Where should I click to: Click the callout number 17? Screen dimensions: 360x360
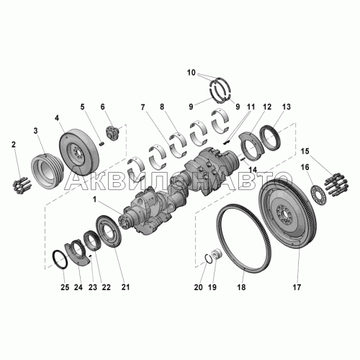(297, 287)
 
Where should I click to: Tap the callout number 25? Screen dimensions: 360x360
(65, 287)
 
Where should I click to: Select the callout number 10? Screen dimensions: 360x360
(192, 73)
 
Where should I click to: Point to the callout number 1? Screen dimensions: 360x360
(95, 199)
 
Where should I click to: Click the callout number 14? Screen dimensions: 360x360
(253, 170)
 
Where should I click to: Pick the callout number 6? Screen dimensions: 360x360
(102, 107)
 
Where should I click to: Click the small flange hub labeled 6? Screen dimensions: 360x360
(112, 133)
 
